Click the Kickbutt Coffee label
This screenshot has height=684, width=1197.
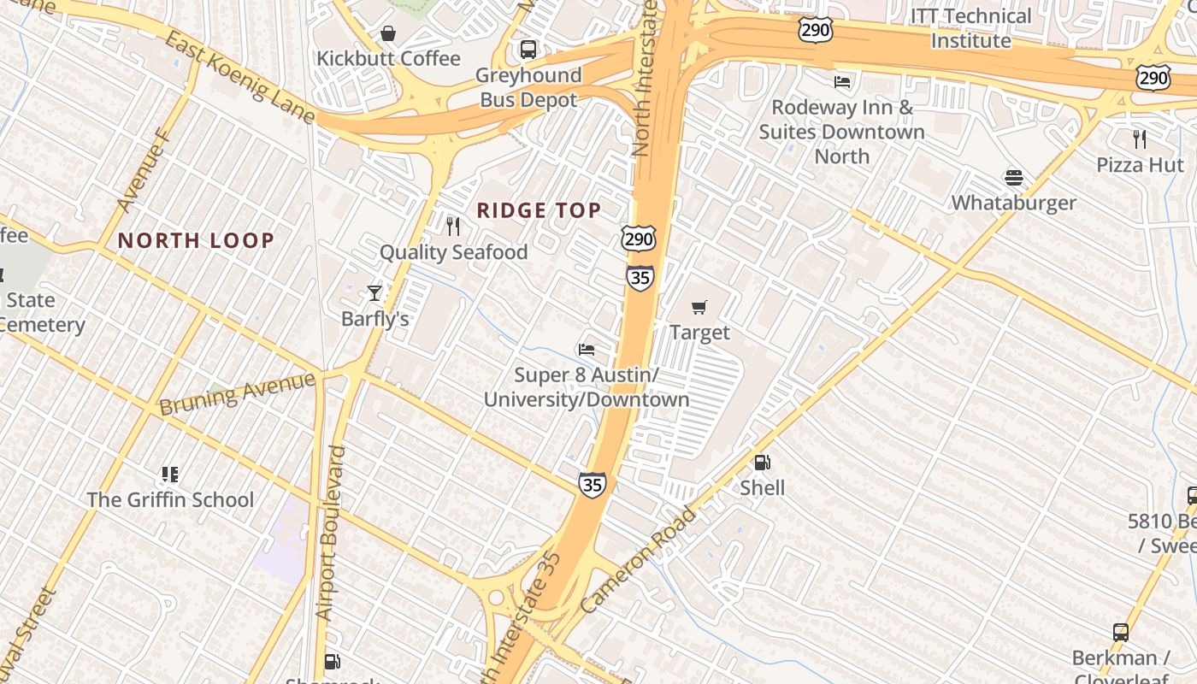coord(388,59)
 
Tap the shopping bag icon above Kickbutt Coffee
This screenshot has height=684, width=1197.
coord(388,33)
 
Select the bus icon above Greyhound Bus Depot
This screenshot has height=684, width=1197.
coord(528,50)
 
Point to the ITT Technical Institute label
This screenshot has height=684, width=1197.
coord(970,28)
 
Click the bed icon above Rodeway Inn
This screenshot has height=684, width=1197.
coord(842,82)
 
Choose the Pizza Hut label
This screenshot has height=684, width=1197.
coord(1140,164)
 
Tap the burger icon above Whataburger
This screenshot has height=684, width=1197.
coord(1014,178)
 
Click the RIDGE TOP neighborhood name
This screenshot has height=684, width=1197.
coord(539,210)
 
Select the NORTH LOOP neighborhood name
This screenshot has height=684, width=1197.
coord(196,241)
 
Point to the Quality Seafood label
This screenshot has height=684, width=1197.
coord(453,252)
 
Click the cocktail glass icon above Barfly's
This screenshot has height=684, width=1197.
coord(374,293)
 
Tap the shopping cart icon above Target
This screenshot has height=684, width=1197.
coord(699,307)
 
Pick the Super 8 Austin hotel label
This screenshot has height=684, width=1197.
coord(587,387)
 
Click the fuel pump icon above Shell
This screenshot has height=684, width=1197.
coord(762,463)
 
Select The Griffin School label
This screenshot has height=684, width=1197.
coord(170,500)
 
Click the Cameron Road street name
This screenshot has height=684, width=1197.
coord(639,559)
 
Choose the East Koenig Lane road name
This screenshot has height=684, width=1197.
coord(240,78)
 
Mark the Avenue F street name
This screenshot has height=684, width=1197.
coord(144,170)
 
